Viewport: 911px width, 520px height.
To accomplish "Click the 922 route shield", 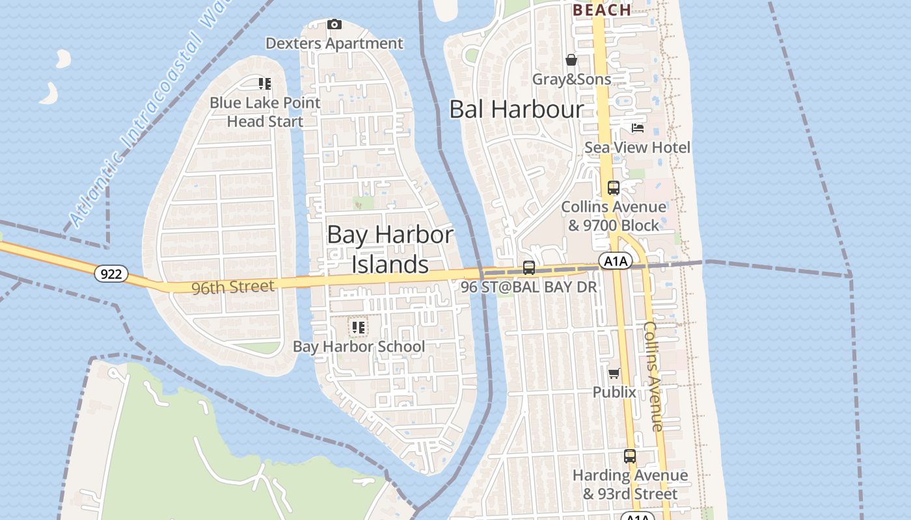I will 111,274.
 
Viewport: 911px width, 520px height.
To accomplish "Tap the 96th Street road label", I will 232,287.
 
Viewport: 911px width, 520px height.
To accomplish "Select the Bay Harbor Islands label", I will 390,250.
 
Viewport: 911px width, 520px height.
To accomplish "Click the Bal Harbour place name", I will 517,109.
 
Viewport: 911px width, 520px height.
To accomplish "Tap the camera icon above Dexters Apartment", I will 334,25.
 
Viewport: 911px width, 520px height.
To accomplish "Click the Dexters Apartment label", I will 334,44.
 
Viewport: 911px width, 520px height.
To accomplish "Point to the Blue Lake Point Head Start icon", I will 265,84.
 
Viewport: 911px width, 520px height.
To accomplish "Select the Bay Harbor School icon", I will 358,328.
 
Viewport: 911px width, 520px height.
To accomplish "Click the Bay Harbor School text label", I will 359,346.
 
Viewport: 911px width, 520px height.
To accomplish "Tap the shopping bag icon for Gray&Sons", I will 571,60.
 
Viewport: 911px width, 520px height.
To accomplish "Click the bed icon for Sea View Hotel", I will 638,128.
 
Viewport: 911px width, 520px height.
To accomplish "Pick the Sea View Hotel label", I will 637,148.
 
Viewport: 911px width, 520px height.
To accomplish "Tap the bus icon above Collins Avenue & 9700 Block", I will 613,188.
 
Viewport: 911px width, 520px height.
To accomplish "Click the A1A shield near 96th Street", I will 615,261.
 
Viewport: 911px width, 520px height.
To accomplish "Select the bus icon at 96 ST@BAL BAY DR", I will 529,268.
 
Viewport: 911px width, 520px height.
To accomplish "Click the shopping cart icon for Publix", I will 614,373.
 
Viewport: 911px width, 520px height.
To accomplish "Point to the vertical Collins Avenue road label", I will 653,376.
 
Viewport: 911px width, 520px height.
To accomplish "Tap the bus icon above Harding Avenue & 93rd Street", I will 629,456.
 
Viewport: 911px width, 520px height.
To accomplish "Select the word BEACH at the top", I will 602,10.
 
